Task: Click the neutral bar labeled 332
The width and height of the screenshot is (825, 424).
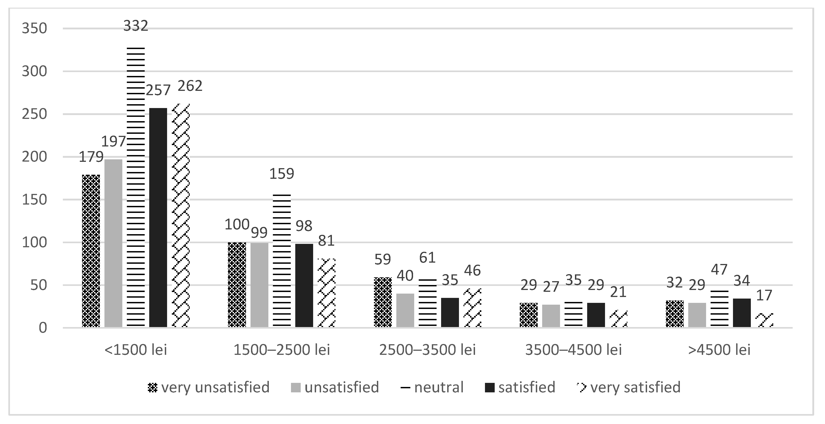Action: point(136,187)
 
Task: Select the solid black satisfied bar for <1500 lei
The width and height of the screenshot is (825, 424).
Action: point(158,218)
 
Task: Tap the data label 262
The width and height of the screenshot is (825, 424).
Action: point(190,86)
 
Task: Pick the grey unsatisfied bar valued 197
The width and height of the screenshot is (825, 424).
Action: point(113,243)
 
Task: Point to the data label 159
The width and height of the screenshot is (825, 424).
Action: point(281,174)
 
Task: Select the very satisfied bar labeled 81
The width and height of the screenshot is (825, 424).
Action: point(326,293)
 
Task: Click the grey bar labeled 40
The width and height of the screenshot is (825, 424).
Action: point(405,310)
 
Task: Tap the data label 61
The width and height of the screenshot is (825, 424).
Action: point(427,258)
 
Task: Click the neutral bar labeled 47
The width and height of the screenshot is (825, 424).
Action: point(719,309)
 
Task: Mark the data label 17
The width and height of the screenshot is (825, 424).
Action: point(764,295)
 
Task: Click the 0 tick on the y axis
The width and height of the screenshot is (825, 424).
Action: point(43,328)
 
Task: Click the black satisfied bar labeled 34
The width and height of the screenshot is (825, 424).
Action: point(742,313)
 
